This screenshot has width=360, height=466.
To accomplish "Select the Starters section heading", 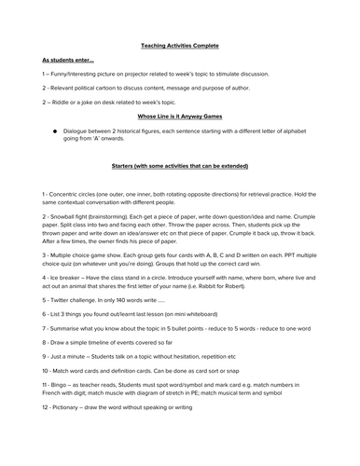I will coord(179,164).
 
